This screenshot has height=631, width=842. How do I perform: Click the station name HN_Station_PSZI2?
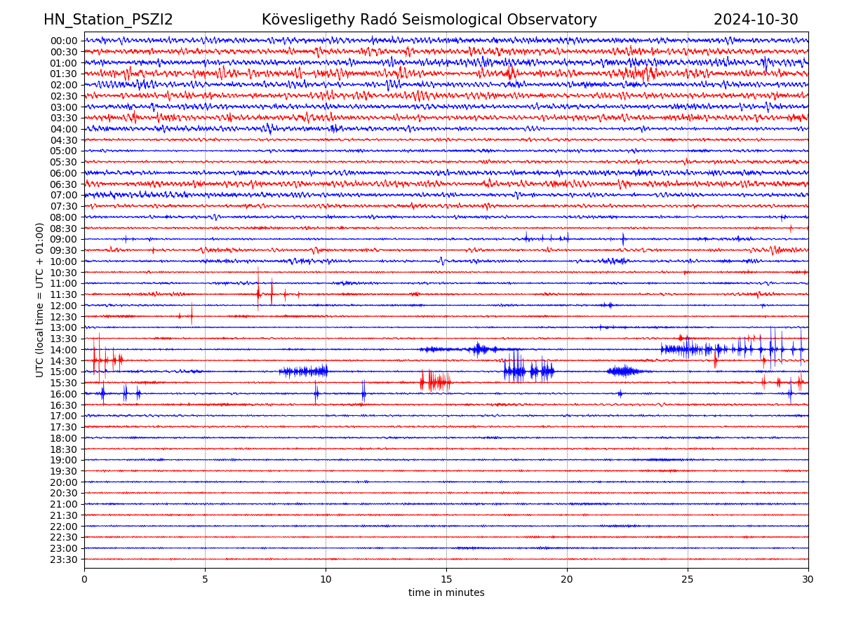click(108, 20)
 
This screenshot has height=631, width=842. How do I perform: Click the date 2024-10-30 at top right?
click(756, 20)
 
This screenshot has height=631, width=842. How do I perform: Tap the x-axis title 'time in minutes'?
click(446, 593)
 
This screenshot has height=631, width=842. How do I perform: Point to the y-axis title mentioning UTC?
click(40, 300)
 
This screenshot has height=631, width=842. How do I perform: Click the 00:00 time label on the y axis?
click(64, 41)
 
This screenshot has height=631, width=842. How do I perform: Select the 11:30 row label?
click(64, 294)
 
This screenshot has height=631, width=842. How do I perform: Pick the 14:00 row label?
click(64, 350)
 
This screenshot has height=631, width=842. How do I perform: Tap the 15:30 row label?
click(64, 383)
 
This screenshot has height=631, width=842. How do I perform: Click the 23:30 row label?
click(64, 559)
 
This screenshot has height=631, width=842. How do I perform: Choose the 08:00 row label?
click(64, 217)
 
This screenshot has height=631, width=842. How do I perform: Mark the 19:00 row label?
click(64, 460)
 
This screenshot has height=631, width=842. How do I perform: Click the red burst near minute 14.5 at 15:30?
click(435, 382)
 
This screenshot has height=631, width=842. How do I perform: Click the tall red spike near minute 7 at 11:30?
click(258, 290)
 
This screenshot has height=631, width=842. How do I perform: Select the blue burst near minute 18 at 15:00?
click(516, 372)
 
